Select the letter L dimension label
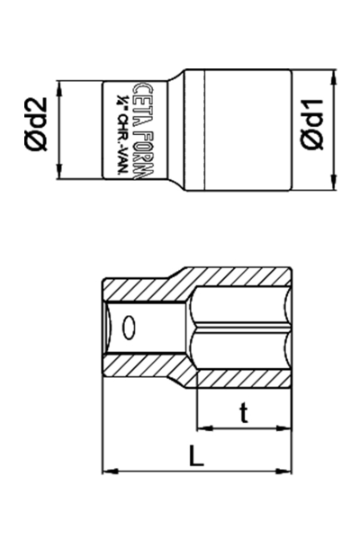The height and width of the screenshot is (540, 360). [x=197, y=454]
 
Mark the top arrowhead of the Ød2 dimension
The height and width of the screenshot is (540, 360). [x=59, y=87]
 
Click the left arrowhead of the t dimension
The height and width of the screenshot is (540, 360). [x=202, y=427]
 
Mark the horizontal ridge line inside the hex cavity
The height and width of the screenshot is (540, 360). [x=243, y=330]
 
